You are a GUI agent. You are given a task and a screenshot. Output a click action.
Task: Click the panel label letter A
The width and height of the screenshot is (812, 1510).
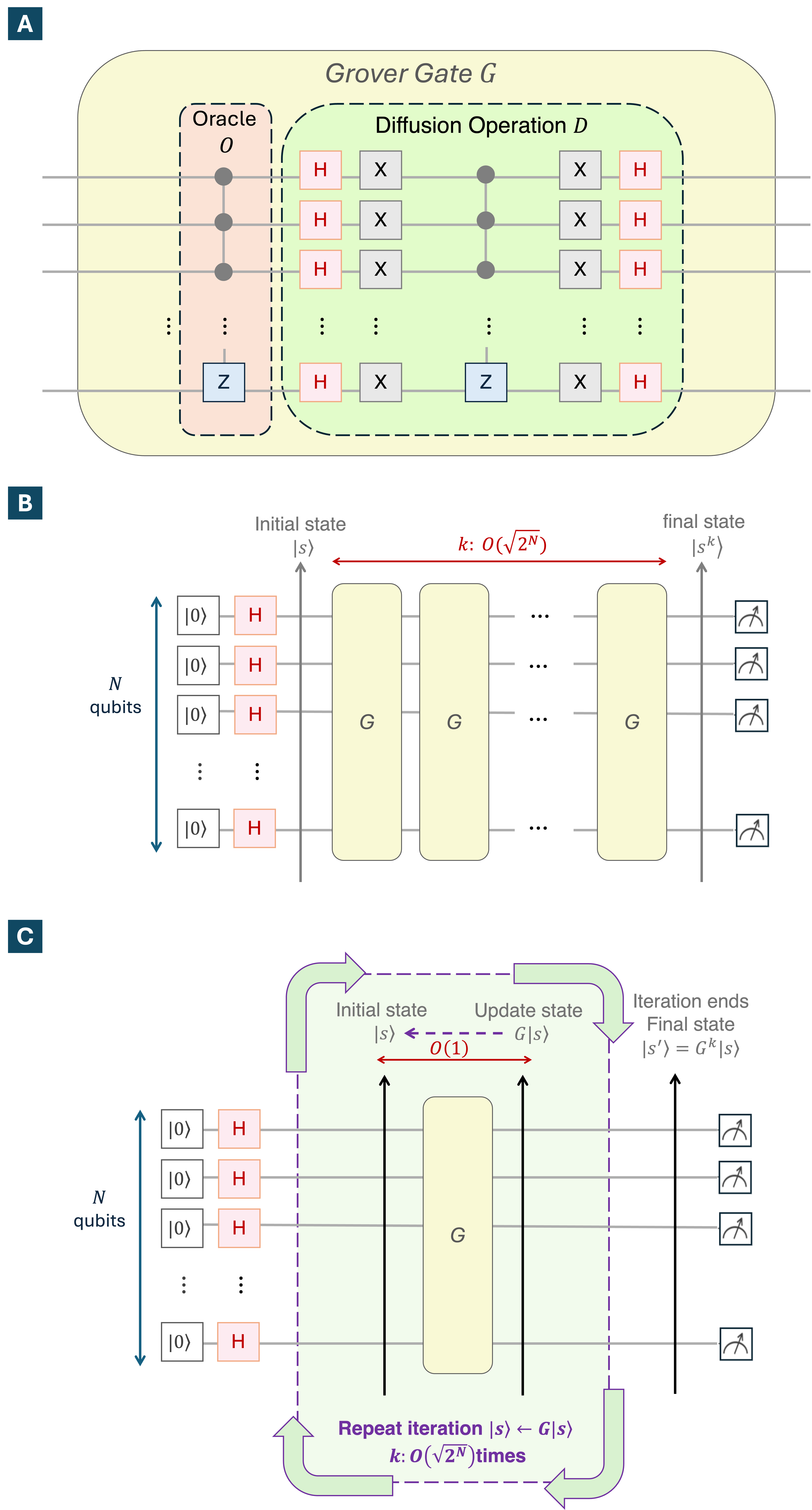[25, 24]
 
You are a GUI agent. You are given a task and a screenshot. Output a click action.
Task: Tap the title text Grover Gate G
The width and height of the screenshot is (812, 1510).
[410, 74]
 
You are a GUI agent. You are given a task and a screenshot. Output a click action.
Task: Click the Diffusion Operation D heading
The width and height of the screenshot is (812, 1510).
[481, 125]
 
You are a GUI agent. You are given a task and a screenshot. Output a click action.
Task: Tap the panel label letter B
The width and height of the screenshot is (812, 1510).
[25, 503]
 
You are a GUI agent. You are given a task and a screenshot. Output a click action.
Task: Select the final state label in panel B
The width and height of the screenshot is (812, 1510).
[704, 522]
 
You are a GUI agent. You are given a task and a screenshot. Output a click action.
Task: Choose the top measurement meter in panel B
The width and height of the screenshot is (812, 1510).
[751, 618]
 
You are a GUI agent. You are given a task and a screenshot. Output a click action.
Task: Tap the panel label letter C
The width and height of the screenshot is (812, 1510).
[25, 936]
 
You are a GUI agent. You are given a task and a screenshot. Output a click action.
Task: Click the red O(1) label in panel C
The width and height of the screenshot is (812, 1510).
[449, 1048]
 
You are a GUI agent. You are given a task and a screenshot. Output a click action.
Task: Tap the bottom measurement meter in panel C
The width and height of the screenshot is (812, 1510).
[736, 1345]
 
